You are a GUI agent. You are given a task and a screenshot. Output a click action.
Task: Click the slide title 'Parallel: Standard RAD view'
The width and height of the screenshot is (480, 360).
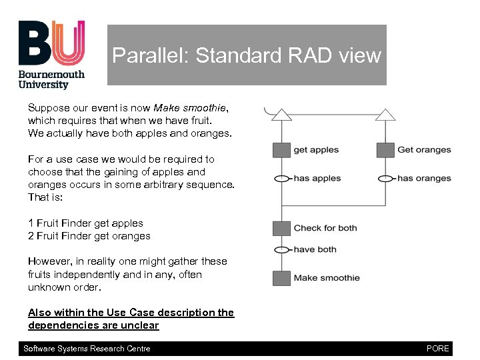[247, 55]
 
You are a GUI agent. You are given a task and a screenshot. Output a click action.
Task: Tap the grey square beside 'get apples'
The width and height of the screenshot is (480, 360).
[281, 150]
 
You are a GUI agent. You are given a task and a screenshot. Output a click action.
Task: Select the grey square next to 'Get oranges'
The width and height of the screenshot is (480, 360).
[385, 150]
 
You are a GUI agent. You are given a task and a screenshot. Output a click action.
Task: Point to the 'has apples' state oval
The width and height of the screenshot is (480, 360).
[281, 179]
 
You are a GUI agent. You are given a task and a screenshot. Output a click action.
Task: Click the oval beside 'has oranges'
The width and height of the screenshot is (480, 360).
[385, 179]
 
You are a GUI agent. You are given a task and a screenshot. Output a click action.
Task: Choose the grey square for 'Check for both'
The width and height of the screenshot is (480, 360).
[281, 228]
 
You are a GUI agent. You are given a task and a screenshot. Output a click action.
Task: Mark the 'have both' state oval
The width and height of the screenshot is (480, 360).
[281, 250]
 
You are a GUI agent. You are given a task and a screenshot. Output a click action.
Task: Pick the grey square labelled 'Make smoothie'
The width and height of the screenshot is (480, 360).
[281, 278]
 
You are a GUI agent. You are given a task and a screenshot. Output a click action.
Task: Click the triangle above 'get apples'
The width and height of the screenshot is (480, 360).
[281, 115]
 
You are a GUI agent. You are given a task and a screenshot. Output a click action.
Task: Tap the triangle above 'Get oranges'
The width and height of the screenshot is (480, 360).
[385, 115]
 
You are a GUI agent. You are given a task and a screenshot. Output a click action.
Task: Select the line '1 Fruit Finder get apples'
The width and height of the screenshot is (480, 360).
[85, 223]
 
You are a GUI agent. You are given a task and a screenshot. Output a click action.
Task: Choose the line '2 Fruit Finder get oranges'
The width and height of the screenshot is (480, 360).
[89, 236]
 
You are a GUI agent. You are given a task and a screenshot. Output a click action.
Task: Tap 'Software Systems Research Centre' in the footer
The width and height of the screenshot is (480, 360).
[87, 349]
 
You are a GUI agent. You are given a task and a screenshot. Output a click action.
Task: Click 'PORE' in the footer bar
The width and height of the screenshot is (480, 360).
[438, 349]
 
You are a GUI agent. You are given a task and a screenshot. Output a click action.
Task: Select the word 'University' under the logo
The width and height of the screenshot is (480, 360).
[43, 85]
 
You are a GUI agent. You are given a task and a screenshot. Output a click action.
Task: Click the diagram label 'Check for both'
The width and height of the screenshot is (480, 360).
[325, 228]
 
